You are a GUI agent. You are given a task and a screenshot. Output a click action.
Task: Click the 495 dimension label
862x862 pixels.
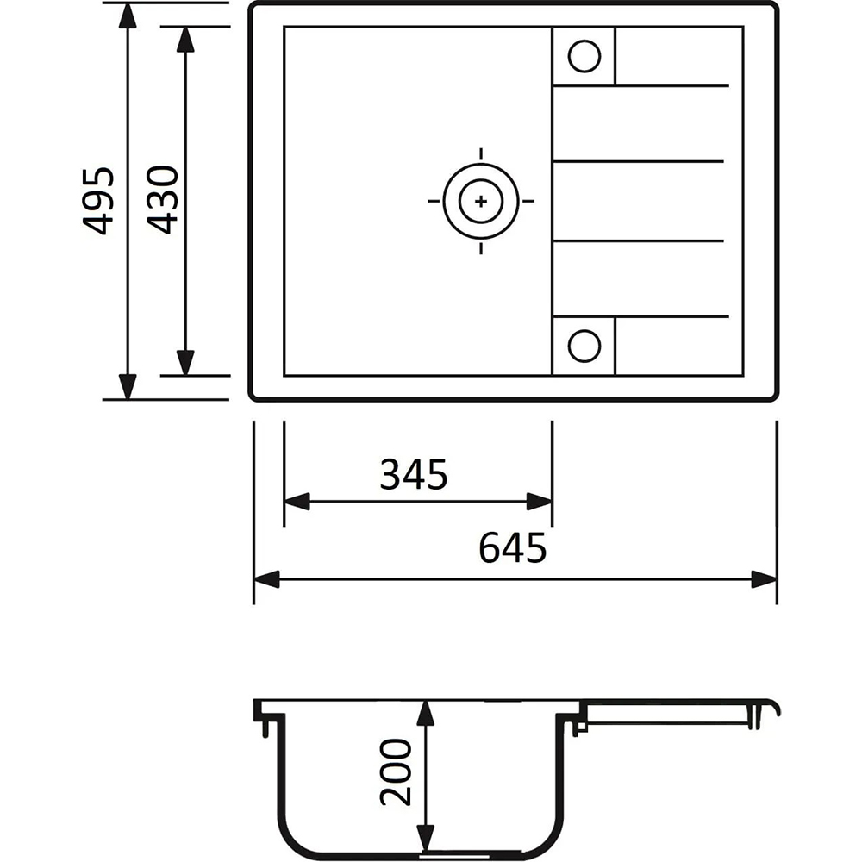98,201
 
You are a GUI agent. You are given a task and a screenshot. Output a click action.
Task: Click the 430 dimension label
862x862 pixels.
163,201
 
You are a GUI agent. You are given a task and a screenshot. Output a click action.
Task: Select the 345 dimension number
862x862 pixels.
414,474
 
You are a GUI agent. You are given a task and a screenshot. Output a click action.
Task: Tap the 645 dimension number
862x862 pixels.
512,547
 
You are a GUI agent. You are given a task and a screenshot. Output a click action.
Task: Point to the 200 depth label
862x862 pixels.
396,771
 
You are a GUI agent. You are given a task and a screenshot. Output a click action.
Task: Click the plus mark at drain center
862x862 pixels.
481,201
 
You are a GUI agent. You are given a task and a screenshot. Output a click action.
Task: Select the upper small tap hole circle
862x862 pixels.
584,56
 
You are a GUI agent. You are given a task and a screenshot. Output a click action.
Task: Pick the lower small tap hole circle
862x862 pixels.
584,347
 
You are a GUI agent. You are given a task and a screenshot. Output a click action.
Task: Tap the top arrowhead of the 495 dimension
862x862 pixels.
128,16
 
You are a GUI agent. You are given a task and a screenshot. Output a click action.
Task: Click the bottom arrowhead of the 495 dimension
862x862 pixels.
128,386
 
